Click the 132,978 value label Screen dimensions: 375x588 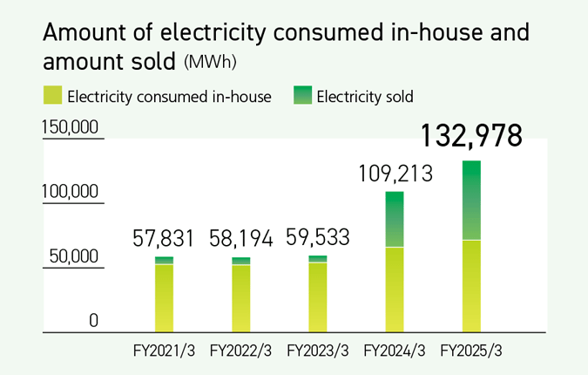click(471, 137)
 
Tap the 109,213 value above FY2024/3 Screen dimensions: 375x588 click(395, 174)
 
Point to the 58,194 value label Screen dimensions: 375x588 click(240, 238)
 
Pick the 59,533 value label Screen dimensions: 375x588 click(318, 238)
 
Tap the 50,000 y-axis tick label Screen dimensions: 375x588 click(75, 257)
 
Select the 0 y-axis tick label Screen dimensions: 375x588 click(93, 322)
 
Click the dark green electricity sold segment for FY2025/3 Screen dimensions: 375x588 click(471, 200)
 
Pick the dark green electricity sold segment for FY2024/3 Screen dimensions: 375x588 click(395, 219)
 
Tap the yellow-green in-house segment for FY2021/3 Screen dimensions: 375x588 click(165, 297)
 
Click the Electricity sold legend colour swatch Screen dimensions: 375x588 click(301, 96)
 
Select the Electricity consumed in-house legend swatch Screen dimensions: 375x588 click(52, 96)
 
